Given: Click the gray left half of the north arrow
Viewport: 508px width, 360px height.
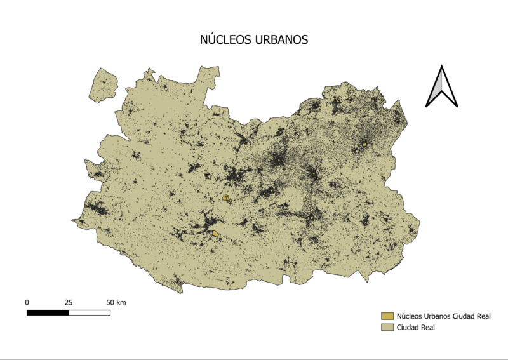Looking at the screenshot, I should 435,91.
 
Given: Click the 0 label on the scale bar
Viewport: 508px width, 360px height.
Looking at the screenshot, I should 27,302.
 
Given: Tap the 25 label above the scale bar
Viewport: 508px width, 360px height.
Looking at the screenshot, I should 69,302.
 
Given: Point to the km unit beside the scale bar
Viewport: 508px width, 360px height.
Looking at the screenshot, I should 120,302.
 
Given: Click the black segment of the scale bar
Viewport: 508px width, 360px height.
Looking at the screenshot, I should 48,312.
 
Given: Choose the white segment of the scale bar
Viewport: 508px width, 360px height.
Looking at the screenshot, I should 89,312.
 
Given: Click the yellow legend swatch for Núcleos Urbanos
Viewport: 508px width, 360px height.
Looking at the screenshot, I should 387,316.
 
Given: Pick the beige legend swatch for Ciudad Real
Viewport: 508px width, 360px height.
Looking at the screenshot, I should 387,327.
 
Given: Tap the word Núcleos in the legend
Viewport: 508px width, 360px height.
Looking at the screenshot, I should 411,316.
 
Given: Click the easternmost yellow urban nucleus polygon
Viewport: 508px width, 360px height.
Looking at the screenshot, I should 364,145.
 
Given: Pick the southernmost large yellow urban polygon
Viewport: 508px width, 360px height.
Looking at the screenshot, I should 216,234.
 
